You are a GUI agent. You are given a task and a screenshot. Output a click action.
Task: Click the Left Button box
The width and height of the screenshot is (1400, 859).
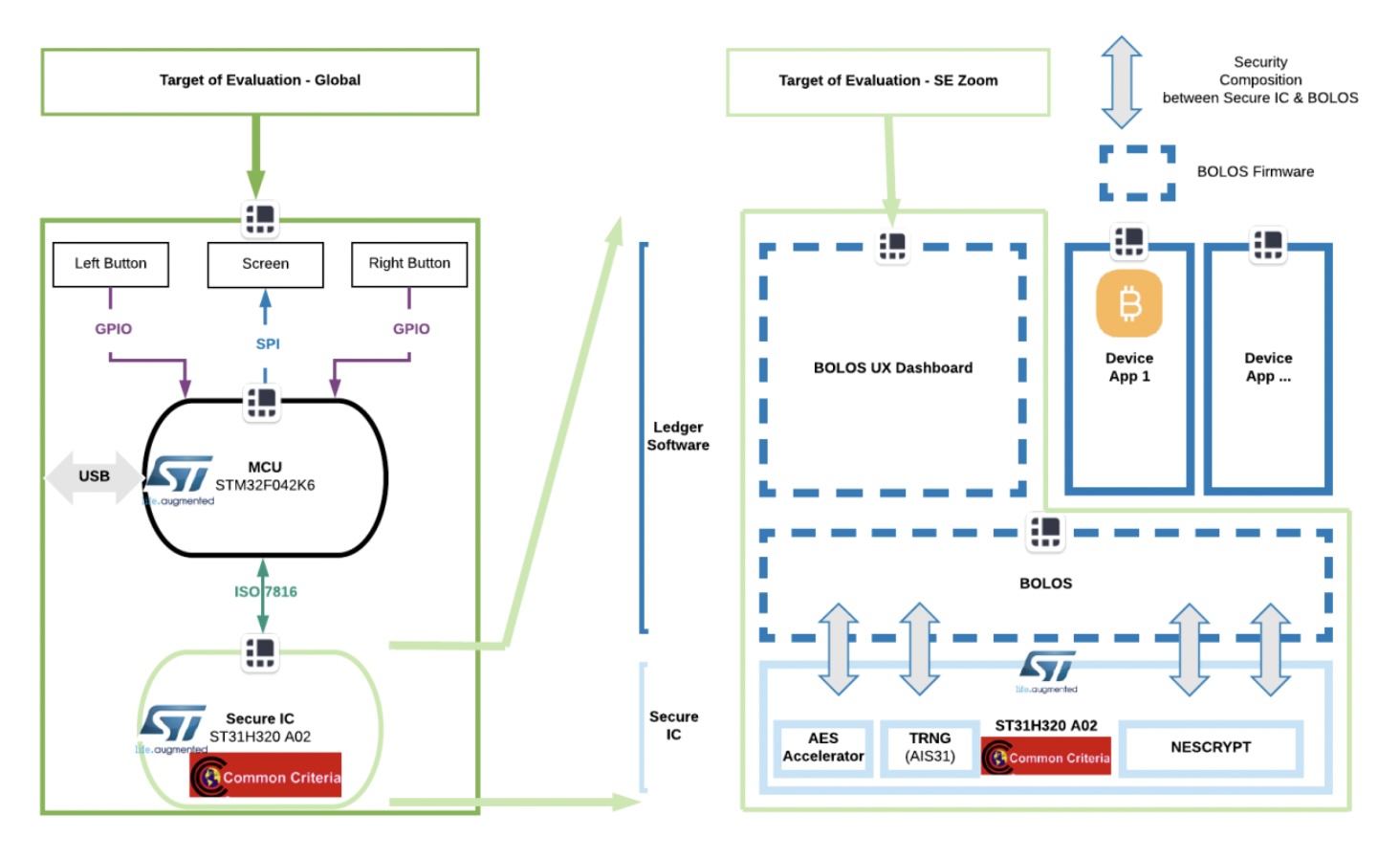tap(110, 264)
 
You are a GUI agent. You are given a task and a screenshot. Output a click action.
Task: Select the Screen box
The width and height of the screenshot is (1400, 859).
tap(265, 264)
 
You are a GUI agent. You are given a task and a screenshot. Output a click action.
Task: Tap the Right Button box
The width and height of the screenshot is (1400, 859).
tap(409, 264)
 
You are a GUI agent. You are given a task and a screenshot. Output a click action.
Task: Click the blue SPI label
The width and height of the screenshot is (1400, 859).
tap(268, 343)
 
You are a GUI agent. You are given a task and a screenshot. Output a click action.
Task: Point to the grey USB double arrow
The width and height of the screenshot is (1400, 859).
tap(93, 476)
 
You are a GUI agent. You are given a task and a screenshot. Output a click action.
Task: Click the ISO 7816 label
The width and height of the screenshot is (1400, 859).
tap(266, 592)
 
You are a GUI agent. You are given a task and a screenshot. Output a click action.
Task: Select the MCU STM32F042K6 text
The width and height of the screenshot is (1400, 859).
tap(265, 476)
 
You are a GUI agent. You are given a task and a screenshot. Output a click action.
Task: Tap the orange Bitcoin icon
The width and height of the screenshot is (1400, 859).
tap(1129, 304)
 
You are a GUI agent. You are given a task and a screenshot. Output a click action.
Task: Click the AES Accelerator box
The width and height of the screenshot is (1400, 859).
tap(822, 747)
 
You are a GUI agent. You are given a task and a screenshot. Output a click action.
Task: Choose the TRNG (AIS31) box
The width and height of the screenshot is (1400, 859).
tap(930, 747)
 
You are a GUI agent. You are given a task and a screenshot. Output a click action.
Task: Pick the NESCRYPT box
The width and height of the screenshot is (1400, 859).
tap(1211, 747)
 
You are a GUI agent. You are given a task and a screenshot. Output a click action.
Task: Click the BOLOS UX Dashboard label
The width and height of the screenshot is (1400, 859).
tap(892, 368)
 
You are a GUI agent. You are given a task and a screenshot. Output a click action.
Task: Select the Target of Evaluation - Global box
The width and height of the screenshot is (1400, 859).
tap(259, 81)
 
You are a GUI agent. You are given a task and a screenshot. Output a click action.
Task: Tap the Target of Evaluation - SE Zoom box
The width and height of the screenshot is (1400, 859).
tap(887, 81)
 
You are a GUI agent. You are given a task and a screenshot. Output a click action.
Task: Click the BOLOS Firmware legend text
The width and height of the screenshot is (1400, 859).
tap(1255, 172)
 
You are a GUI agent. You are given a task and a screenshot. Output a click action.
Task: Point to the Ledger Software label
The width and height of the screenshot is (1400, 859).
tap(678, 436)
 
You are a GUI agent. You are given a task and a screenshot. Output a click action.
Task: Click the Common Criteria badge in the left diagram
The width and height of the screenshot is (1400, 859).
tap(266, 776)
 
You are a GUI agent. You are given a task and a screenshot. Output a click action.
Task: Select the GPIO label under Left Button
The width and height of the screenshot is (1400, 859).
tap(113, 329)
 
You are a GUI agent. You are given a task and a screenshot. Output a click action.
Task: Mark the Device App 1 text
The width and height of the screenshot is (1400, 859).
tap(1129, 367)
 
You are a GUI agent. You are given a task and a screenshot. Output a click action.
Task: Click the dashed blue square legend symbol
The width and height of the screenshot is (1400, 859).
tap(1137, 173)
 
